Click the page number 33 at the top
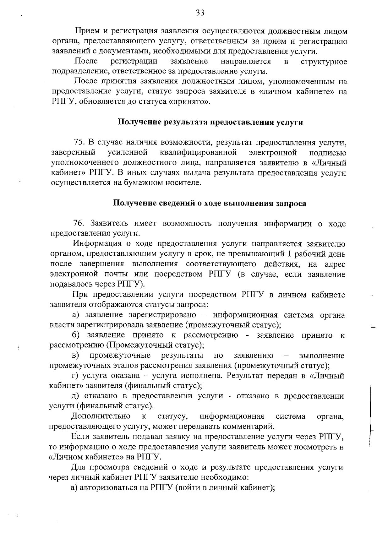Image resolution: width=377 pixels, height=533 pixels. pos(200,13)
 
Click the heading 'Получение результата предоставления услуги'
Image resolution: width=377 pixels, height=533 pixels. pos(210,122)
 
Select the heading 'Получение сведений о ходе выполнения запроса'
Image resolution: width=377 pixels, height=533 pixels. pos(210,204)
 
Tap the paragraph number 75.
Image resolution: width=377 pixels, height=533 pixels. pos(79,143)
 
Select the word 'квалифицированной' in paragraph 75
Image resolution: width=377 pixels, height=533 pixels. pos(198,153)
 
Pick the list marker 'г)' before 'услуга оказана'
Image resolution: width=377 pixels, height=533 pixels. pos(75,376)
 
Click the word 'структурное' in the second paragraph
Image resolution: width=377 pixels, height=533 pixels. pos(324,62)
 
